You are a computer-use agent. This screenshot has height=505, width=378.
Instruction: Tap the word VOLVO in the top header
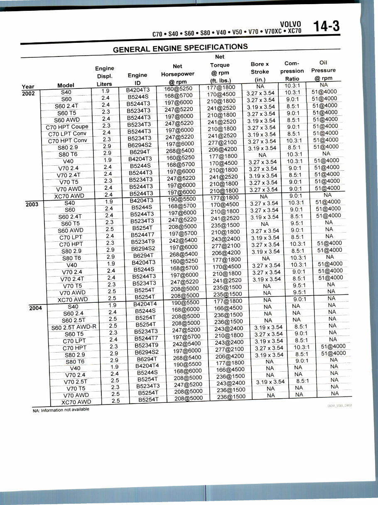click(x=291, y=24)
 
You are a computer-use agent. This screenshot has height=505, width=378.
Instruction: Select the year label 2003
click(x=32, y=204)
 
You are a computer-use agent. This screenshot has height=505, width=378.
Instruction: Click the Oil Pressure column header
click(x=323, y=70)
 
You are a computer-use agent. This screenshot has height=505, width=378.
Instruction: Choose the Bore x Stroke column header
click(x=260, y=71)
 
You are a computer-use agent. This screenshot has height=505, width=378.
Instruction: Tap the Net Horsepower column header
click(x=177, y=74)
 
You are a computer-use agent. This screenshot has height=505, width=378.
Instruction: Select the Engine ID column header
click(x=137, y=79)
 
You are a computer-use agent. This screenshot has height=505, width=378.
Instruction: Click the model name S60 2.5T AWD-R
click(x=74, y=327)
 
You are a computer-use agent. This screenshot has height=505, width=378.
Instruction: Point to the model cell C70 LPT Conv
click(x=67, y=134)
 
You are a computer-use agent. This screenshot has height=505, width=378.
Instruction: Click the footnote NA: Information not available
click(x=61, y=410)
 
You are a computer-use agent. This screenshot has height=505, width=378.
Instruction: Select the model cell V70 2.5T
click(x=76, y=382)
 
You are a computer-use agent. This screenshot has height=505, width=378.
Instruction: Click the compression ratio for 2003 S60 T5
click(x=297, y=223)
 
